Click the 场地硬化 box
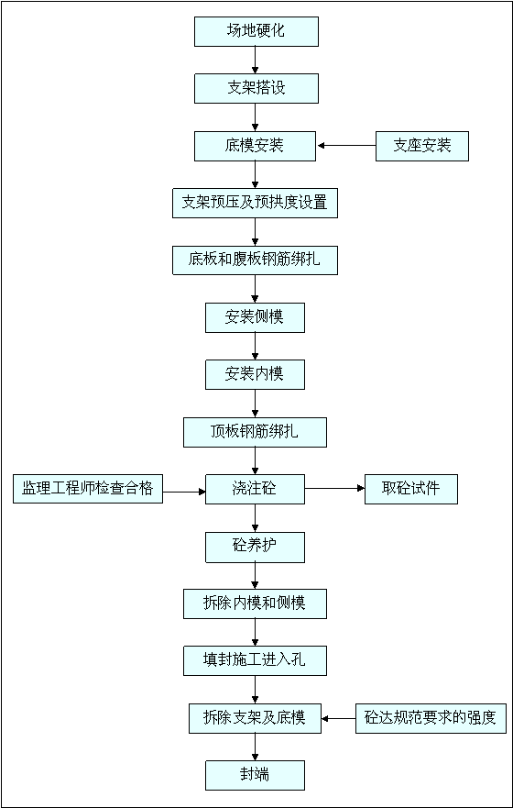point(256,31)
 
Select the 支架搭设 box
point(256,89)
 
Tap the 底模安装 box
point(255,146)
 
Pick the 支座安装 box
point(422,146)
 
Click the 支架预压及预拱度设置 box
point(256,203)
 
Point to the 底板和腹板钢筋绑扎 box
point(256,260)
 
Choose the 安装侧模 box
point(255,317)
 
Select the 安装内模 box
point(255,374)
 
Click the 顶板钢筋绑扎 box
point(256,432)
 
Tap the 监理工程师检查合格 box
point(88,489)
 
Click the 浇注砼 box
point(255,489)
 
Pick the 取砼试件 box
point(411,489)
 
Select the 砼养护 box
point(255,547)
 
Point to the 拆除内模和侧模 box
point(256,604)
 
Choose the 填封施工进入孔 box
point(256,661)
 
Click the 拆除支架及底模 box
point(256,718)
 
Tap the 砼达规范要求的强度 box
point(431,718)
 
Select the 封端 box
point(255,775)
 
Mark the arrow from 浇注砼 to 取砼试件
point(334,489)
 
